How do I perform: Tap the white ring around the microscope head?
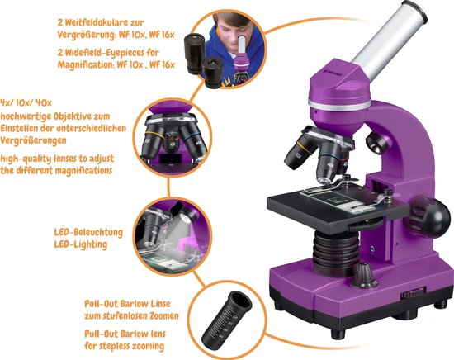click(338, 108)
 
